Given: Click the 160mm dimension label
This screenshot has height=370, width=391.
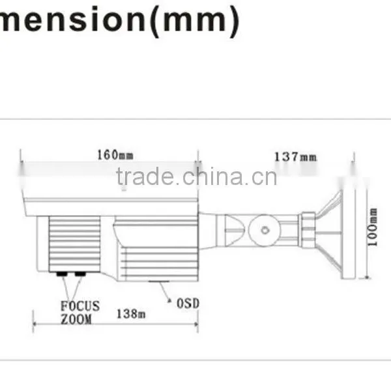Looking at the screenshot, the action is pos(115,155).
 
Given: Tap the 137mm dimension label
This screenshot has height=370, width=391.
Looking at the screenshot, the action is pos(295,157).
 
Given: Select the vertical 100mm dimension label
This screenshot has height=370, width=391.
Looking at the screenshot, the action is pos(373,227).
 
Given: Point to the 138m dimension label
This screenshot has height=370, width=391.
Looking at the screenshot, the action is pos(131,313).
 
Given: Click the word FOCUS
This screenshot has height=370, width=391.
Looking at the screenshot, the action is pos(80,306).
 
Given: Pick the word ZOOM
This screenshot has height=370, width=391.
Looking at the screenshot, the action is pos(76,319).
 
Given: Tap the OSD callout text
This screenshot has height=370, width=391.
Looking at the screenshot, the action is pos(188,304).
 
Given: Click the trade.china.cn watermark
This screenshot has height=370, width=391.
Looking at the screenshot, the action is pos(197,177).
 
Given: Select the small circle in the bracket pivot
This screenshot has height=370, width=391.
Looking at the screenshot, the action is pos(265,231).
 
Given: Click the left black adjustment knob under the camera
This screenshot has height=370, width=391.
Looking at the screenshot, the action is pos(62,274).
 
